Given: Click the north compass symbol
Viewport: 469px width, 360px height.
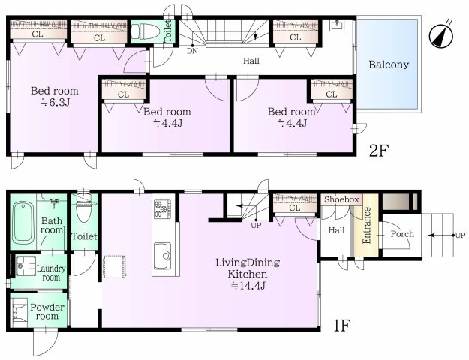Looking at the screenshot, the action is coord(441,35).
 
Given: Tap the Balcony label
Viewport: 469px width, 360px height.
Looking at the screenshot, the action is coord(389,64).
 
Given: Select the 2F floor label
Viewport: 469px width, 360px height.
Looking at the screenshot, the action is coord(379,151).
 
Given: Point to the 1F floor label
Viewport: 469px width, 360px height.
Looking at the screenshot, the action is coord(341,325).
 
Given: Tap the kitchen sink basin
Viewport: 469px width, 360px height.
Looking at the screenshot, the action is coord(163,256).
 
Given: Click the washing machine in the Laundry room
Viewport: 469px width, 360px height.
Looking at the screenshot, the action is coord(25,266).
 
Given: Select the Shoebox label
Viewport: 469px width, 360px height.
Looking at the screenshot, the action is coord(341,199).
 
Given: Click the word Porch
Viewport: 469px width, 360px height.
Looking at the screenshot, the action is coord(402,233).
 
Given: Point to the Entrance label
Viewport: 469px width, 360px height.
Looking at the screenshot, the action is coord(366,225).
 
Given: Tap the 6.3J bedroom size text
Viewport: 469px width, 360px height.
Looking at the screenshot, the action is coord(55,103).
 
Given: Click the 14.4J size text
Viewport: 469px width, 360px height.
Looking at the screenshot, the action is coord(248,286).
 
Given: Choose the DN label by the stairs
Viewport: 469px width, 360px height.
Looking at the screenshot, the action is coord(192,51).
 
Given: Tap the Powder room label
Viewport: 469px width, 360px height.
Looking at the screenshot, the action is coord(47,311).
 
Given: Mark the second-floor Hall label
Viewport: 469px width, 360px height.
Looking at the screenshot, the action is coord(251,61).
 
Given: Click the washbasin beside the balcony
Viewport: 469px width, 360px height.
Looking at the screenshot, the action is coord(338,25).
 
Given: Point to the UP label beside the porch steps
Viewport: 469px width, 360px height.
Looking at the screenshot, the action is coord(460,235).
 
